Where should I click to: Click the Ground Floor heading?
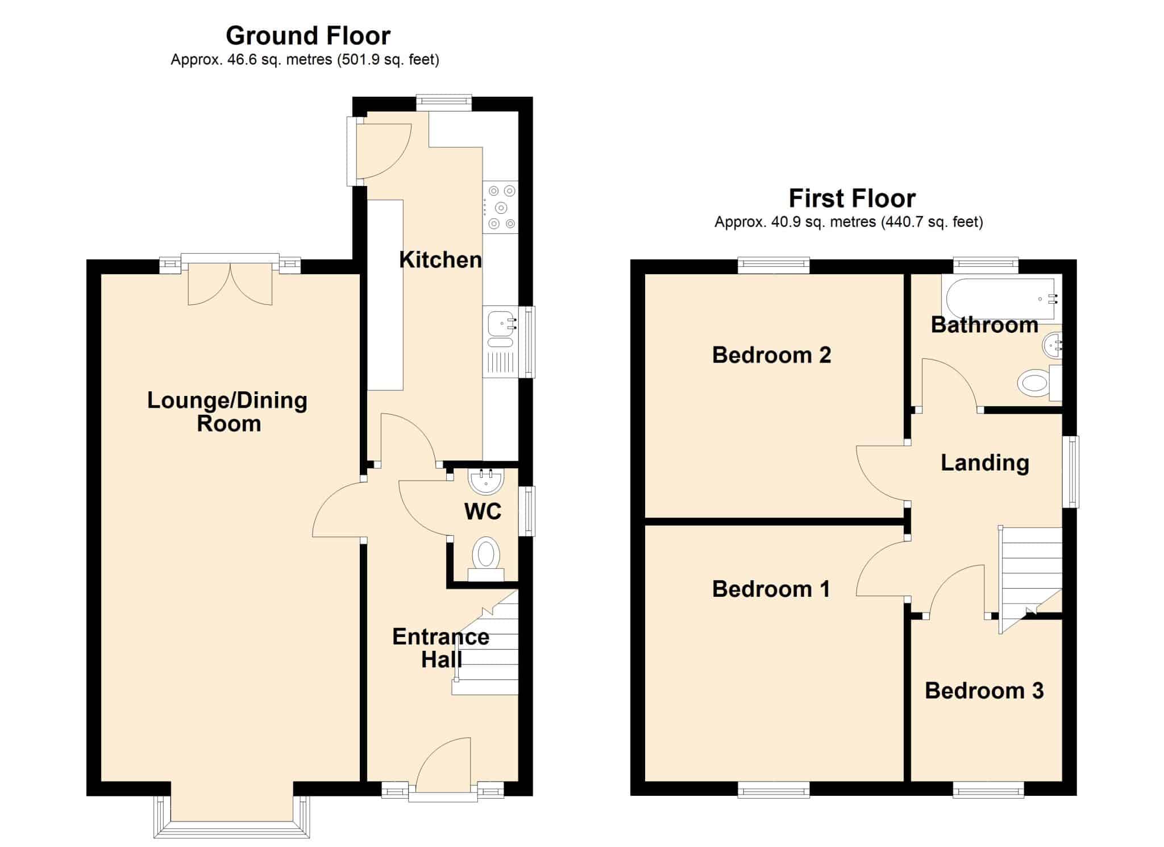pyautogui.click(x=308, y=36)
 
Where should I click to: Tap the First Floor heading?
pyautogui.click(x=852, y=199)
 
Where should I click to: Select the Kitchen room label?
pyautogui.click(x=440, y=260)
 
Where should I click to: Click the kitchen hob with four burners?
pyautogui.click(x=500, y=207)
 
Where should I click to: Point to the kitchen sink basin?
pyautogui.click(x=500, y=325)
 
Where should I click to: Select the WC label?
pyautogui.click(x=483, y=511)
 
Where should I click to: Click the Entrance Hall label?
pyautogui.click(x=440, y=648)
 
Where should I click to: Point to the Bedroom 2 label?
pyautogui.click(x=771, y=355)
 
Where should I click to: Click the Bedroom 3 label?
pyautogui.click(x=984, y=691)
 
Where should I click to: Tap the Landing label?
pyautogui.click(x=985, y=462)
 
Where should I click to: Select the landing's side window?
pyautogui.click(x=1072, y=472)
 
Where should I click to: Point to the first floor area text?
pyautogui.click(x=849, y=222)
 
